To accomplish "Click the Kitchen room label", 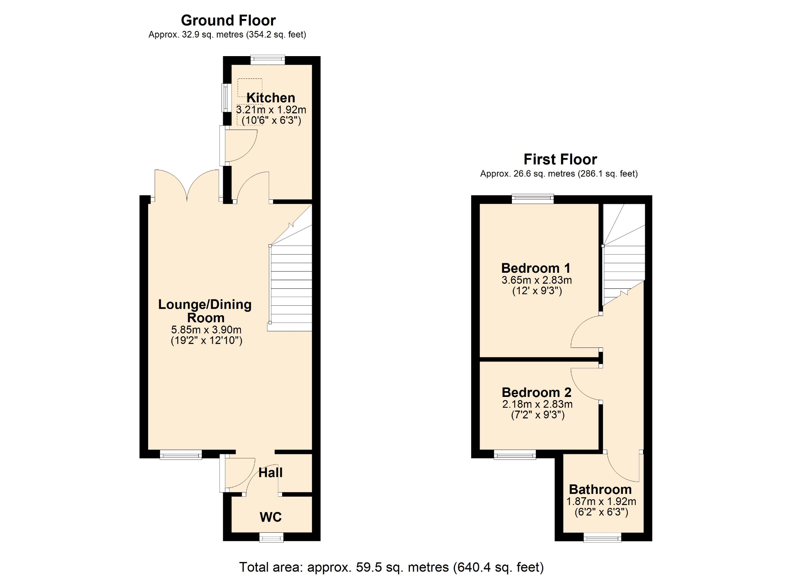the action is point(271,98).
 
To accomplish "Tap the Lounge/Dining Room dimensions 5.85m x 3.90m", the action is point(206,330).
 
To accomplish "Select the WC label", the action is point(271,517).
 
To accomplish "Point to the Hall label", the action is point(271,472).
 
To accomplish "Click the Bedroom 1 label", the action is point(536,268).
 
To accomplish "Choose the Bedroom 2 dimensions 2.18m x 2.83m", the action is point(537,404).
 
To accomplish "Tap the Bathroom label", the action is point(600,489).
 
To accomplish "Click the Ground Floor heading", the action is point(228,20).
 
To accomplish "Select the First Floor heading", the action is point(560,159).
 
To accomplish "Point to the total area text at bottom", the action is point(391,567).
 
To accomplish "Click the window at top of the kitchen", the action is point(268,60).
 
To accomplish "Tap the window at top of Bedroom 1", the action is point(533,199).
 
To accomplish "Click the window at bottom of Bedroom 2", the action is point(515,455).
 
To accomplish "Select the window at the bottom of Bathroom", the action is point(602,537).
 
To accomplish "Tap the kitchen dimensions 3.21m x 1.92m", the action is point(271,110).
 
